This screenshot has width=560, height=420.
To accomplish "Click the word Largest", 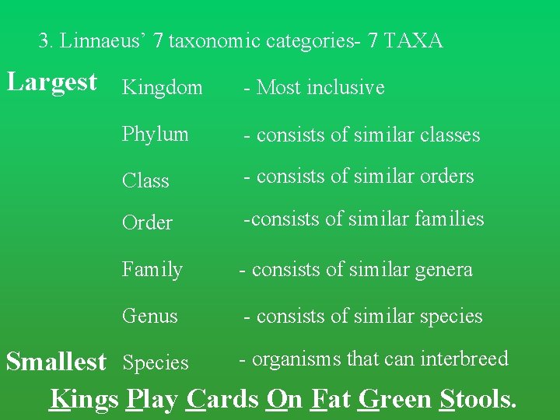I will coord(52,82).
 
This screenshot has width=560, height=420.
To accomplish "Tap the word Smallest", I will coord(56,362).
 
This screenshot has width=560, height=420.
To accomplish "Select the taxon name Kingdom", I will coord(163,88).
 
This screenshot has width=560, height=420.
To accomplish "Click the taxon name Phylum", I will coord(156,135).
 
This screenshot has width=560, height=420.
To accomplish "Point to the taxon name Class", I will coord(145,180).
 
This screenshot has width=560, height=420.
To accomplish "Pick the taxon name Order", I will coord(147,223).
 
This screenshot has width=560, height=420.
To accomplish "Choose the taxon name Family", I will coord(152,270).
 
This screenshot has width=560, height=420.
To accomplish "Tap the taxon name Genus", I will coord(150,317).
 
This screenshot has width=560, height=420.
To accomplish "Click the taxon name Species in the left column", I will coord(156,363).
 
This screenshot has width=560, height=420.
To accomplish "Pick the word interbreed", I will coord(464,359).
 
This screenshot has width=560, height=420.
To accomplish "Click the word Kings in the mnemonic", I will coord(84,399).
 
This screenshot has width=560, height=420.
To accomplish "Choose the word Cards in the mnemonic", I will coord(222,399).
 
